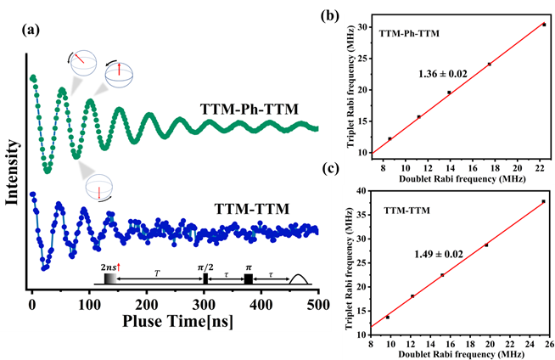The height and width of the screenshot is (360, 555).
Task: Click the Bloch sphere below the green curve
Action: click(x=99, y=186)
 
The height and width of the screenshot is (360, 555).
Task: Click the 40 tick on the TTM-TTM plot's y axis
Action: click(x=363, y=191)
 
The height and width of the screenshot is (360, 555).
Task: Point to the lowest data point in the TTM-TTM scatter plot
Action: click(x=388, y=317)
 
